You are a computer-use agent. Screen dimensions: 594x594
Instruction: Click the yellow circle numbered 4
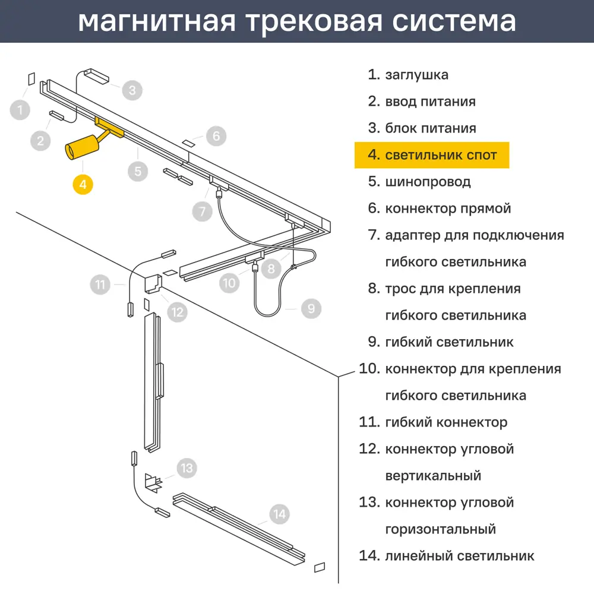(83, 184)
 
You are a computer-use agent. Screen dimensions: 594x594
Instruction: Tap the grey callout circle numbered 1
(20, 110)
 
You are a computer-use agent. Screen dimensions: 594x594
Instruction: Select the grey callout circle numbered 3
(132, 90)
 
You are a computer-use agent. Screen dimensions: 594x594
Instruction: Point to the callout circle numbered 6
(216, 136)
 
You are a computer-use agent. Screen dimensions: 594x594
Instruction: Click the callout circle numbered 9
(311, 308)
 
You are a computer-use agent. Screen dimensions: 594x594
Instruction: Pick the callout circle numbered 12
(177, 311)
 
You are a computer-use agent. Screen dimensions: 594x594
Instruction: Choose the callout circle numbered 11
(100, 285)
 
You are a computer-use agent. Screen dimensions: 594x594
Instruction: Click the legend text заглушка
(416, 75)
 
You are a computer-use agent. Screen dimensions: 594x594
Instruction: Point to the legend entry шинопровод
(428, 182)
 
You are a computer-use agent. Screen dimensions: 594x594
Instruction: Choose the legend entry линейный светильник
(459, 556)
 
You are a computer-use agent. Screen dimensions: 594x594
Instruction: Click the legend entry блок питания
(430, 128)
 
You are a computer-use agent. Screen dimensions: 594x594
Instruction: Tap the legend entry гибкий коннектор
(445, 422)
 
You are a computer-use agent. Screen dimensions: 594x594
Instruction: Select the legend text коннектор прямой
(448, 208)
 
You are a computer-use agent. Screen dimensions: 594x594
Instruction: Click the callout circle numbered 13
(187, 468)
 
